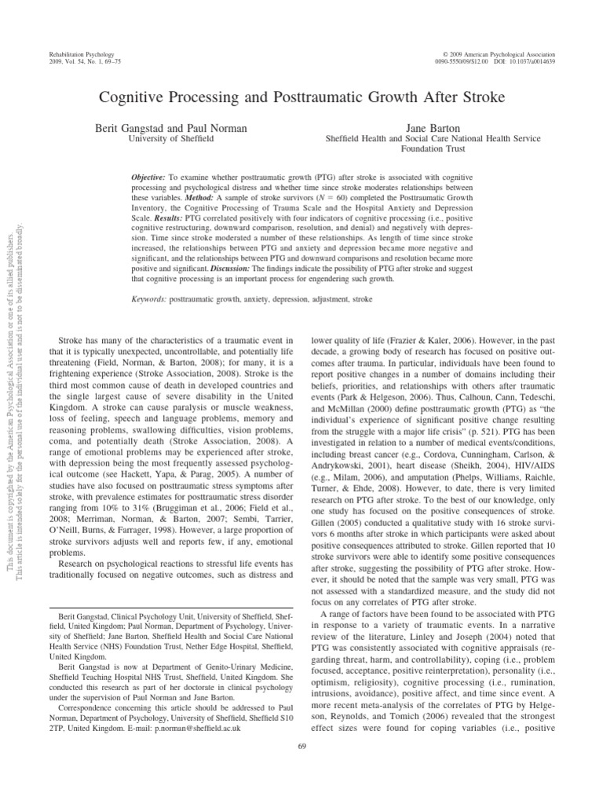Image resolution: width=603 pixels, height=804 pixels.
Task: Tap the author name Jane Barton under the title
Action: pos(433,126)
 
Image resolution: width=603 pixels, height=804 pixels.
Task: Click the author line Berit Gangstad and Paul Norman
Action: pos(170,126)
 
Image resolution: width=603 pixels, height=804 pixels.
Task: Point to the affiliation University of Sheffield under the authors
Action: pos(170,138)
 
